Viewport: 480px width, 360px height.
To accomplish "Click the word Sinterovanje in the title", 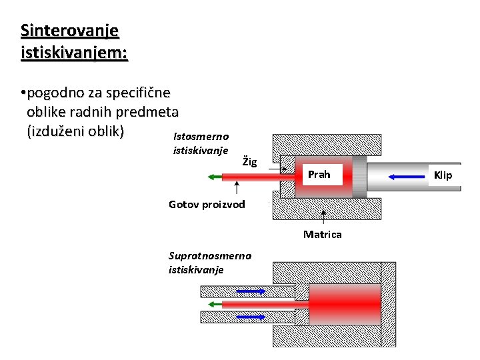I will point(69,31).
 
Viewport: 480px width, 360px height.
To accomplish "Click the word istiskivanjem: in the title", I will point(74,52).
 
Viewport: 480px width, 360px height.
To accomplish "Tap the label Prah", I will point(319,175).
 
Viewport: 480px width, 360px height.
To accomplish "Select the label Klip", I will point(443,175).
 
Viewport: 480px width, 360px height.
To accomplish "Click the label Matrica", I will point(322,234).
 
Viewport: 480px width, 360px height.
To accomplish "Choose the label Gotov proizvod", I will point(207,204).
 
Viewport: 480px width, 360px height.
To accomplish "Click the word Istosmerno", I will point(201,136).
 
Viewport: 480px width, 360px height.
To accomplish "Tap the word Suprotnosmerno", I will point(210,255).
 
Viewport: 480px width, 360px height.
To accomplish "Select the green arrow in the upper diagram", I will point(215,177).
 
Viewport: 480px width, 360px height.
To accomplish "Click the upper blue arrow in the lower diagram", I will point(251,291).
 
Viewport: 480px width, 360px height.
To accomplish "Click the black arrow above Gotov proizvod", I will point(238,189).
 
